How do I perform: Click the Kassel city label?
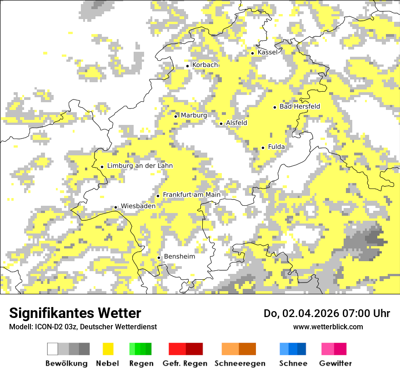click(267, 52)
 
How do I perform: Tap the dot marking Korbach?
click(187, 66)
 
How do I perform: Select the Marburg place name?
click(194, 115)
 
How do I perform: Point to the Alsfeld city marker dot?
click(221, 124)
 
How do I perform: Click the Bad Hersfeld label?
click(300, 106)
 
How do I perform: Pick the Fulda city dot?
click(263, 148)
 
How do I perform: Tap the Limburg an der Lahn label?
click(140, 166)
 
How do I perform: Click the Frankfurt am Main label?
click(191, 195)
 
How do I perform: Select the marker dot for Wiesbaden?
click(116, 207)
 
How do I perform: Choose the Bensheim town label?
click(179, 257)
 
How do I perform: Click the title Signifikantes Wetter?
click(75, 313)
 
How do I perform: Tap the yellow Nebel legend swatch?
click(108, 349)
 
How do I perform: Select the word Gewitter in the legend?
click(335, 363)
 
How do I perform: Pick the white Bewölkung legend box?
click(53, 349)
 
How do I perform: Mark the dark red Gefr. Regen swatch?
click(194, 349)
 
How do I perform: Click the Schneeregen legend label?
click(240, 363)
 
